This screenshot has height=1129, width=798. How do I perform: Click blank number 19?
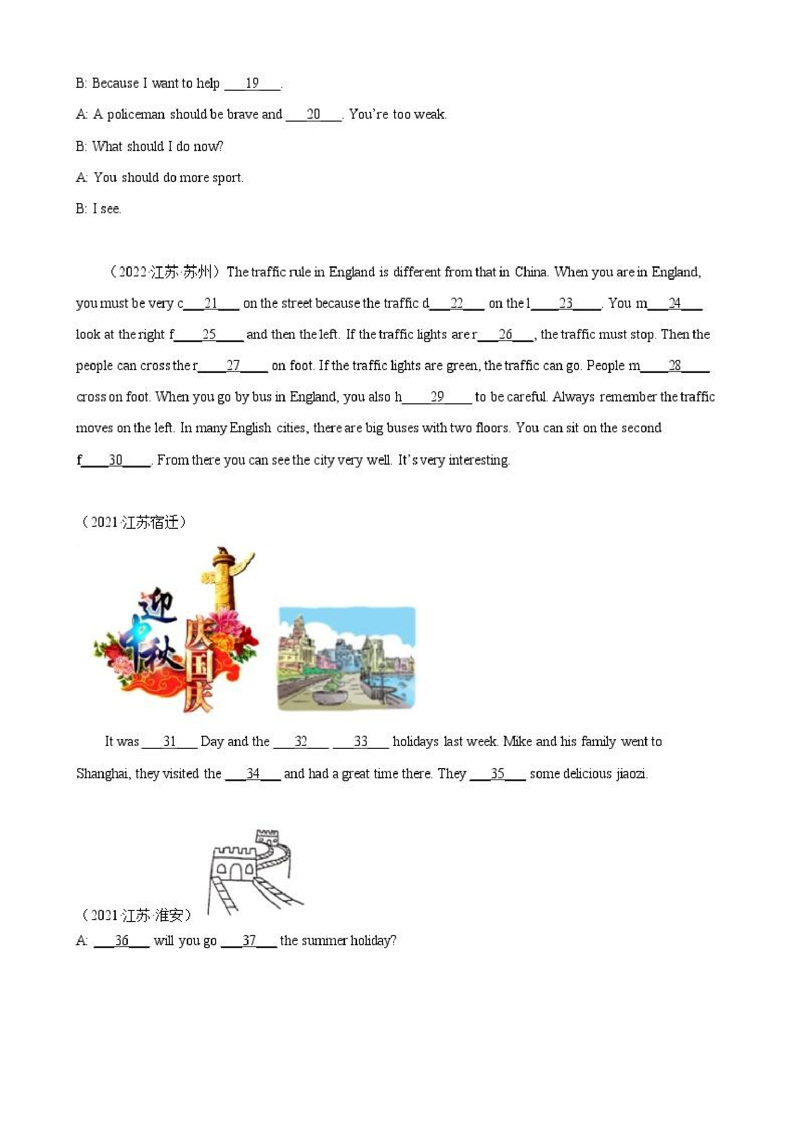252,83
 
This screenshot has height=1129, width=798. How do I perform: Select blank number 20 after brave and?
313,114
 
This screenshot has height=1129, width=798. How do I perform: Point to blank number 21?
211,303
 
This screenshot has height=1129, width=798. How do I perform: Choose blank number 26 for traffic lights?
506,335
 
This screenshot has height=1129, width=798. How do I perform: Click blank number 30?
115,460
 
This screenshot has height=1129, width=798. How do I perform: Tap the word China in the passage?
531,272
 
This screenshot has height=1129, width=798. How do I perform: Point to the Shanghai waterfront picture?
346,659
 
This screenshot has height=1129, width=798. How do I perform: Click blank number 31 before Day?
170,742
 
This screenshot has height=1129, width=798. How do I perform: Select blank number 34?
253,773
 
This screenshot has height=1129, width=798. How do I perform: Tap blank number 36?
122,941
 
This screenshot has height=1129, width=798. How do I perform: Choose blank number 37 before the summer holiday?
249,941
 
